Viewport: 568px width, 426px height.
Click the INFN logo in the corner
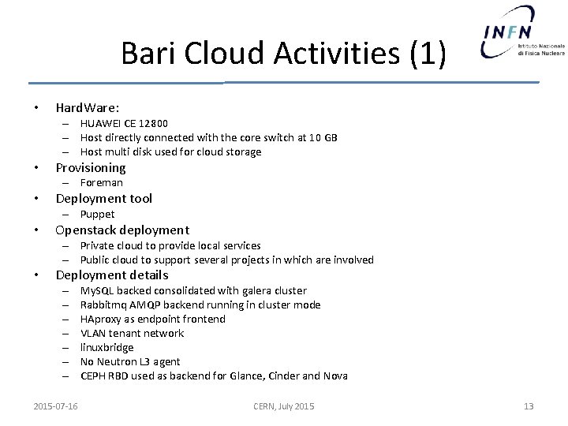tap(522, 33)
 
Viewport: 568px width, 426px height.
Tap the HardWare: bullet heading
tap(88, 107)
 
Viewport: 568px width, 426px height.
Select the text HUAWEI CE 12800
tap(124, 123)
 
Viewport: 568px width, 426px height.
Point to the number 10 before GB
tap(308, 137)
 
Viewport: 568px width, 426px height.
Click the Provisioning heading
tap(91, 167)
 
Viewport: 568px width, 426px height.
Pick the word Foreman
tap(102, 182)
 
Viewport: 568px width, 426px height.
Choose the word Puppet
tap(98, 214)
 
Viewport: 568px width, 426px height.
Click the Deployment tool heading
tap(103, 198)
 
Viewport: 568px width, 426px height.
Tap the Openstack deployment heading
tap(122, 230)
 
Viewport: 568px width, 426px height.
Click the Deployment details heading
tap(112, 275)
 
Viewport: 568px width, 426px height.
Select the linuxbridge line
tap(106, 347)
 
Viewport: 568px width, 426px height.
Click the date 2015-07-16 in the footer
tap(56, 406)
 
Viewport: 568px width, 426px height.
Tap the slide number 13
tap(529, 406)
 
